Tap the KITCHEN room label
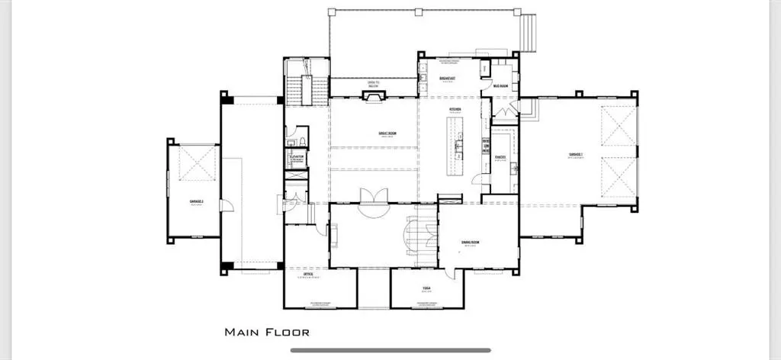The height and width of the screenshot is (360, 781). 455,109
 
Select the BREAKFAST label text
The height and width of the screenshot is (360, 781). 448,79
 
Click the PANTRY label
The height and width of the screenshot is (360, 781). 501,158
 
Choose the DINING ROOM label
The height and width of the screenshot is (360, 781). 470,243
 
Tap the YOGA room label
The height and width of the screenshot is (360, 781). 427,288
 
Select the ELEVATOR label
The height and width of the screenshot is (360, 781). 297,156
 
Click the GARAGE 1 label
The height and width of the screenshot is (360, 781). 575,155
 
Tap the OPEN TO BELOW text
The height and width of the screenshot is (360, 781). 373,85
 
